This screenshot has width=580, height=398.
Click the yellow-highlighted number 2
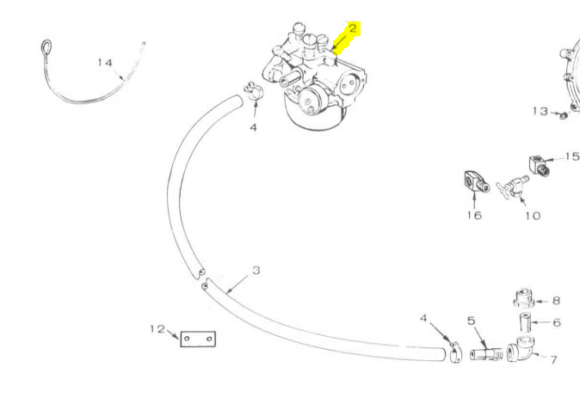click(353, 28)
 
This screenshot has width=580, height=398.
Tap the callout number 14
click(105, 63)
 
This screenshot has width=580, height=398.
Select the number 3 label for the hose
click(256, 271)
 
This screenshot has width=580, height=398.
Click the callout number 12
click(157, 328)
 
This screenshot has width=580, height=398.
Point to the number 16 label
click(474, 215)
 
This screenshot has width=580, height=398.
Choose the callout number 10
click(533, 216)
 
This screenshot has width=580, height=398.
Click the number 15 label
click(572, 156)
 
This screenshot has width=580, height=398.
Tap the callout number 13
click(540, 111)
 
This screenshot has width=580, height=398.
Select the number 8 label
click(556, 301)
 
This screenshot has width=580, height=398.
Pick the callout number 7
click(553, 359)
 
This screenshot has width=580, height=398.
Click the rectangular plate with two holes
click(198, 339)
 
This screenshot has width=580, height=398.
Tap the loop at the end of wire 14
click(46, 47)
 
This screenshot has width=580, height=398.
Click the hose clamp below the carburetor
click(253, 92)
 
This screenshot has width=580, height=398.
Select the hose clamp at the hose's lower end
click(456, 352)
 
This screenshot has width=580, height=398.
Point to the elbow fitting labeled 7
click(521, 349)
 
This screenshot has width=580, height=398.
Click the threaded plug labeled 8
click(524, 297)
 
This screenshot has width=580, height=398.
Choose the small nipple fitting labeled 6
click(525, 321)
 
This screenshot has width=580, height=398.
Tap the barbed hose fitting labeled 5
click(486, 354)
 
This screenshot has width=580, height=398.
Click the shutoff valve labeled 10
click(513, 187)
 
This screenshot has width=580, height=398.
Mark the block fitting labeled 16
click(477, 181)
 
